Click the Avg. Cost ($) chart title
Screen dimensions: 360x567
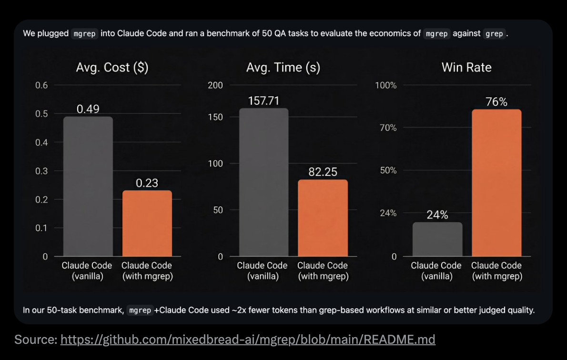click(x=112, y=68)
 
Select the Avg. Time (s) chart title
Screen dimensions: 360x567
click(x=283, y=68)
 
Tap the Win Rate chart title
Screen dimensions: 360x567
click(x=466, y=68)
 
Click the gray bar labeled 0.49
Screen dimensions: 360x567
click(x=88, y=186)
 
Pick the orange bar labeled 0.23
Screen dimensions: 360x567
click(x=147, y=223)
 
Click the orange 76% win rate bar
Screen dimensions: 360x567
click(x=496, y=183)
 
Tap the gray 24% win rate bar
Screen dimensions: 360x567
click(x=437, y=239)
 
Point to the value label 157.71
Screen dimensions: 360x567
click(x=263, y=101)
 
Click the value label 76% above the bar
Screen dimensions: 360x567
click(x=496, y=102)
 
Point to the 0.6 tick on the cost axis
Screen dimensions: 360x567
click(x=42, y=86)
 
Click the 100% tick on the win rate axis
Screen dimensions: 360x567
click(x=386, y=86)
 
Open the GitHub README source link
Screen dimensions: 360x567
click(x=248, y=340)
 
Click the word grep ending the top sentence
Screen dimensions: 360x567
click(x=494, y=34)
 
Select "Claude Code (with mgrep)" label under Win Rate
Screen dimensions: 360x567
click(x=496, y=270)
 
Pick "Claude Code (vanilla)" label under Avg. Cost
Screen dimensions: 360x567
click(x=87, y=270)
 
